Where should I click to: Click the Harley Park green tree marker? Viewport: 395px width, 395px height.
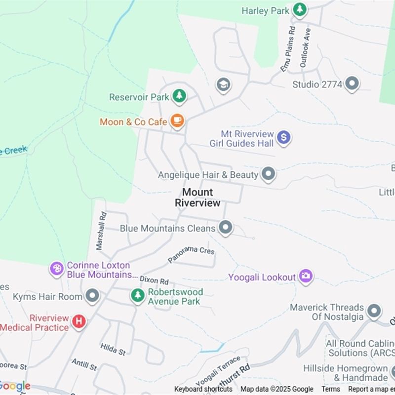coord(299,9)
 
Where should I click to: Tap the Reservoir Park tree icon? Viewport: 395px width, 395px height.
coord(179,96)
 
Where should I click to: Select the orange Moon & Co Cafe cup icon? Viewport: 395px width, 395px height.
coord(177,120)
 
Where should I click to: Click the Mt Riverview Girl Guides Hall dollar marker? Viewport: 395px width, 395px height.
coord(283,137)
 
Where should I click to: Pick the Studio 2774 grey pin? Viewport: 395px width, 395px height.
coord(352,84)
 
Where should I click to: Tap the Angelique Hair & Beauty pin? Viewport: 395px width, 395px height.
coord(268,174)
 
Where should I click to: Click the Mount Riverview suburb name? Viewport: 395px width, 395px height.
coord(197,197)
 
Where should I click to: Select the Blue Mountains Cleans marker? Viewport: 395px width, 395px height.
coord(226,228)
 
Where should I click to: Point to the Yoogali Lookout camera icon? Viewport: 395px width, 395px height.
coord(306,276)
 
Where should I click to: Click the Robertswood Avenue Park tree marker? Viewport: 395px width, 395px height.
coord(138,295)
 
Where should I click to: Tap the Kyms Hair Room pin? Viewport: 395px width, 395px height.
coord(92,296)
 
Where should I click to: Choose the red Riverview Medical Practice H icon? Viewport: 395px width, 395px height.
coord(79,322)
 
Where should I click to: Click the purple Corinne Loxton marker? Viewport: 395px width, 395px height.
coord(57,269)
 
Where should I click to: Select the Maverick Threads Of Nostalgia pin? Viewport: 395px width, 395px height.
coord(374,311)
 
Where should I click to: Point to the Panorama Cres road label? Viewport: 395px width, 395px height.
coord(191,254)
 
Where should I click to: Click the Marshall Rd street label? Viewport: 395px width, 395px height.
coord(101,230)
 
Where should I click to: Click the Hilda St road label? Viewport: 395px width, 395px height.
coord(113,350)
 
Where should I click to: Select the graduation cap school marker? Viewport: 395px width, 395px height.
coord(223,85)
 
